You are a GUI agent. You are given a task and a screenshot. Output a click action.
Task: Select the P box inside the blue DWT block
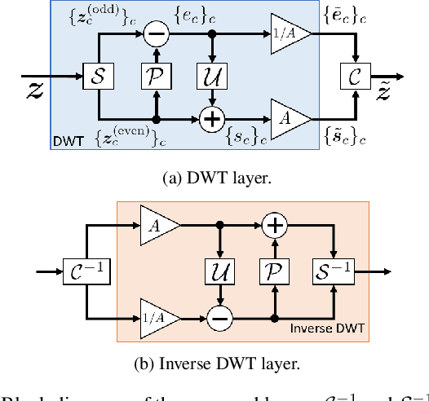154,77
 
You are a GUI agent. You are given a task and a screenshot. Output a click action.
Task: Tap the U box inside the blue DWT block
211,77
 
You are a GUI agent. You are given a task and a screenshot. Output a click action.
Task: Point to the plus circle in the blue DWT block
211,118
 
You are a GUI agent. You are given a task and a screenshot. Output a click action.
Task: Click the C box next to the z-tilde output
354,77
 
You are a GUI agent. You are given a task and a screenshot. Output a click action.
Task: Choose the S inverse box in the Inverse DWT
331,267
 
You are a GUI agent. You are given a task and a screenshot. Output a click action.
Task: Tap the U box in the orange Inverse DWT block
218,267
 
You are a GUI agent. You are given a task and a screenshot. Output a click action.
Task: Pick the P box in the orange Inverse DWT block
274,267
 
